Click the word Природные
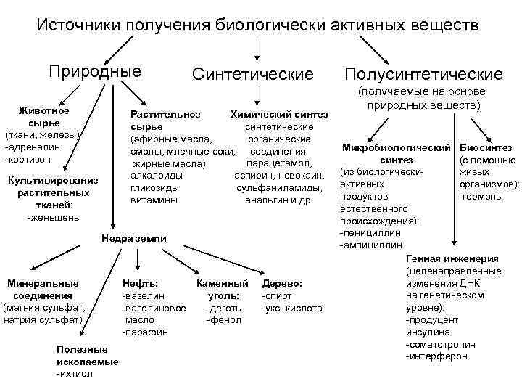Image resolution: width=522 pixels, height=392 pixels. [94, 72]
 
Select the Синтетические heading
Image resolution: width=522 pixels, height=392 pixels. [253, 75]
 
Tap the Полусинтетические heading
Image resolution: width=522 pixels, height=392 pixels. [424, 75]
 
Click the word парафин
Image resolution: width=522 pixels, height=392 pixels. [146, 332]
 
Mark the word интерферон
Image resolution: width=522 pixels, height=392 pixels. [437, 356]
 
